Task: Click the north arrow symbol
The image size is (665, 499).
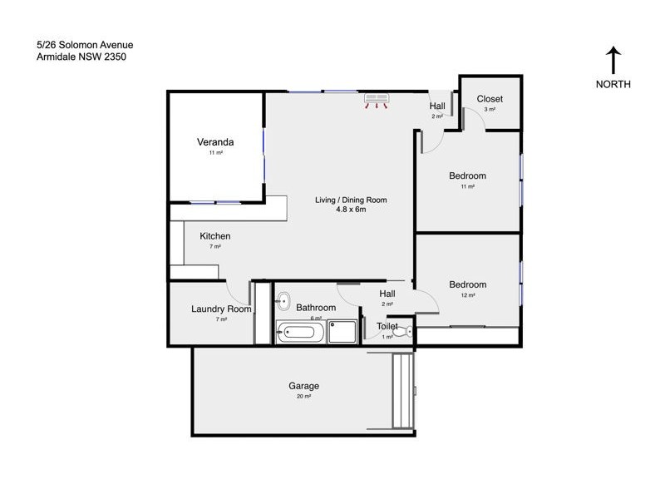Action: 613,61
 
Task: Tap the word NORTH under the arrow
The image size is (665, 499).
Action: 613,84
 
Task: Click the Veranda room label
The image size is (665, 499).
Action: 215,141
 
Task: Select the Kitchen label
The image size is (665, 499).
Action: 214,236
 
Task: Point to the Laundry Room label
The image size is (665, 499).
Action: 221,309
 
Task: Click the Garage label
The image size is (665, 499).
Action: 303,386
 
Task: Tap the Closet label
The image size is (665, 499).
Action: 490,99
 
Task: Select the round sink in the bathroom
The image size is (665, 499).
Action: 283,301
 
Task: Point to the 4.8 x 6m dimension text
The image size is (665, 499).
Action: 350,210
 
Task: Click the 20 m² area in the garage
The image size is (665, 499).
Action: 303,397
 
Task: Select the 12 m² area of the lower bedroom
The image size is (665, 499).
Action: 467,295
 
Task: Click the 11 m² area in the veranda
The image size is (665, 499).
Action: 215,153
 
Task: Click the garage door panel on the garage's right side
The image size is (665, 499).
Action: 403,391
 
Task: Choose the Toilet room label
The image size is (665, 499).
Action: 387,327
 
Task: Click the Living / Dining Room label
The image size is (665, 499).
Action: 350,200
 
